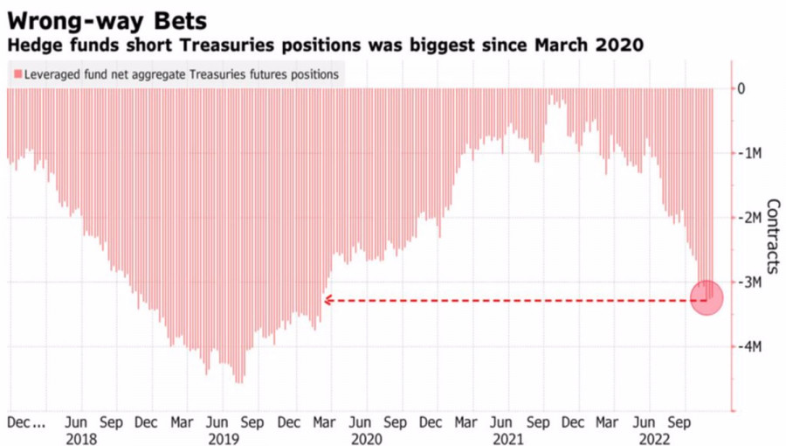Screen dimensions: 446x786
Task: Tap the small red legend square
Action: (17, 75)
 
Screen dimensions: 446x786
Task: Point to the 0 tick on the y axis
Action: (741, 88)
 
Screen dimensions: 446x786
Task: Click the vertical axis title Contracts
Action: (772, 237)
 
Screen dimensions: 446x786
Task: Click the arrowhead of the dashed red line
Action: (327, 300)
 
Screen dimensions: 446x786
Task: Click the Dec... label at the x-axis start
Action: (26, 422)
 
